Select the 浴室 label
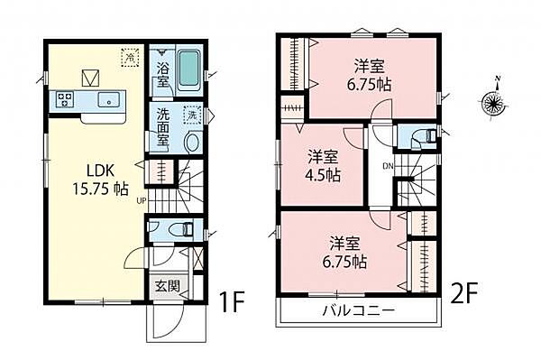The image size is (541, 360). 162,75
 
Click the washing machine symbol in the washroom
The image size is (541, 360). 192,115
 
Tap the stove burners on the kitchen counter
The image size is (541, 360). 65,98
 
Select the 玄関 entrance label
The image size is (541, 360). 167,288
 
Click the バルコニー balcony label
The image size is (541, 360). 358,312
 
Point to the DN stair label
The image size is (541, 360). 387,165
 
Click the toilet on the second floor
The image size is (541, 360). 424,138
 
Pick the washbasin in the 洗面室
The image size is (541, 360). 191,143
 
